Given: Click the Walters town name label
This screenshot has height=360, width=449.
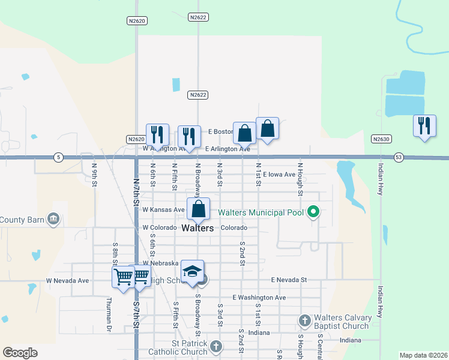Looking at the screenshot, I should click(197, 229).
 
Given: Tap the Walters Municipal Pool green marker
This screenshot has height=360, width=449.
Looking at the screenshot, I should click(312, 212).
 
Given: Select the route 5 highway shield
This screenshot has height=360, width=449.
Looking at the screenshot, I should click(58, 157).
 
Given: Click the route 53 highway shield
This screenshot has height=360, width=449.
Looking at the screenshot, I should click(399, 157).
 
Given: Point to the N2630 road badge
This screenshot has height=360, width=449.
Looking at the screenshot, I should click(381, 139).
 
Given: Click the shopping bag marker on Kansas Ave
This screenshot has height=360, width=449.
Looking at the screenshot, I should click(199, 209).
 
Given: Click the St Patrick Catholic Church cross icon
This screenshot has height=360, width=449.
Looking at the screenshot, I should click(216, 346).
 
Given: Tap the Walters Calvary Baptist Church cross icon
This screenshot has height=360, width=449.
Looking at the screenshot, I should click(304, 320).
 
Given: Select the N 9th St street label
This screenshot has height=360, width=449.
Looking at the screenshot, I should click(94, 175).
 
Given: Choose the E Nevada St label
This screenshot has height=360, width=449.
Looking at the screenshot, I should click(289, 280).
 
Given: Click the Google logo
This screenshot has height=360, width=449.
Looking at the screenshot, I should click(20, 353).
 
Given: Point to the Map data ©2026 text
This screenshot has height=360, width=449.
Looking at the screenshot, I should click(424, 355).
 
